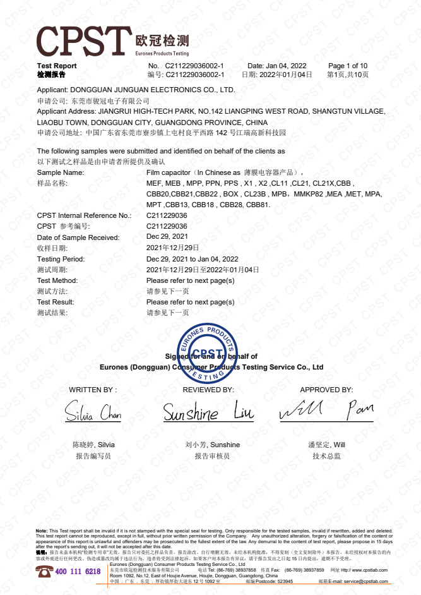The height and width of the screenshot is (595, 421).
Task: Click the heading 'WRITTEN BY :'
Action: (93, 390)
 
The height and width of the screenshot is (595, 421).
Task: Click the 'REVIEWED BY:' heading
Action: (208, 390)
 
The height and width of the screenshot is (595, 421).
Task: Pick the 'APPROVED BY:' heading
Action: (326, 390)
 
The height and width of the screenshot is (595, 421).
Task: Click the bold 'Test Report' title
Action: (57, 66)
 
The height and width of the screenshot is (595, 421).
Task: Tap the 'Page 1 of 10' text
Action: (348, 66)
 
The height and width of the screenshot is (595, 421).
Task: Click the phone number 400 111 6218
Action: (78, 571)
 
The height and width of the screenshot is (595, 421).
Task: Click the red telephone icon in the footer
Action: (44, 571)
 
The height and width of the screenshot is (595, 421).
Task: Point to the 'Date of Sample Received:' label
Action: (78, 237)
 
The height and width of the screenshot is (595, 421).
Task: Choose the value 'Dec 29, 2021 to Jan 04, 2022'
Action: (193, 259)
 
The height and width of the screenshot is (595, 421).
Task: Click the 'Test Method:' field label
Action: (57, 280)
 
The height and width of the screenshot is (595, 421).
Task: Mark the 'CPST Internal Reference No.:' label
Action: (84, 216)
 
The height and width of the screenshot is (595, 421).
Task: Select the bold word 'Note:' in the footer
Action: (42, 531)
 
